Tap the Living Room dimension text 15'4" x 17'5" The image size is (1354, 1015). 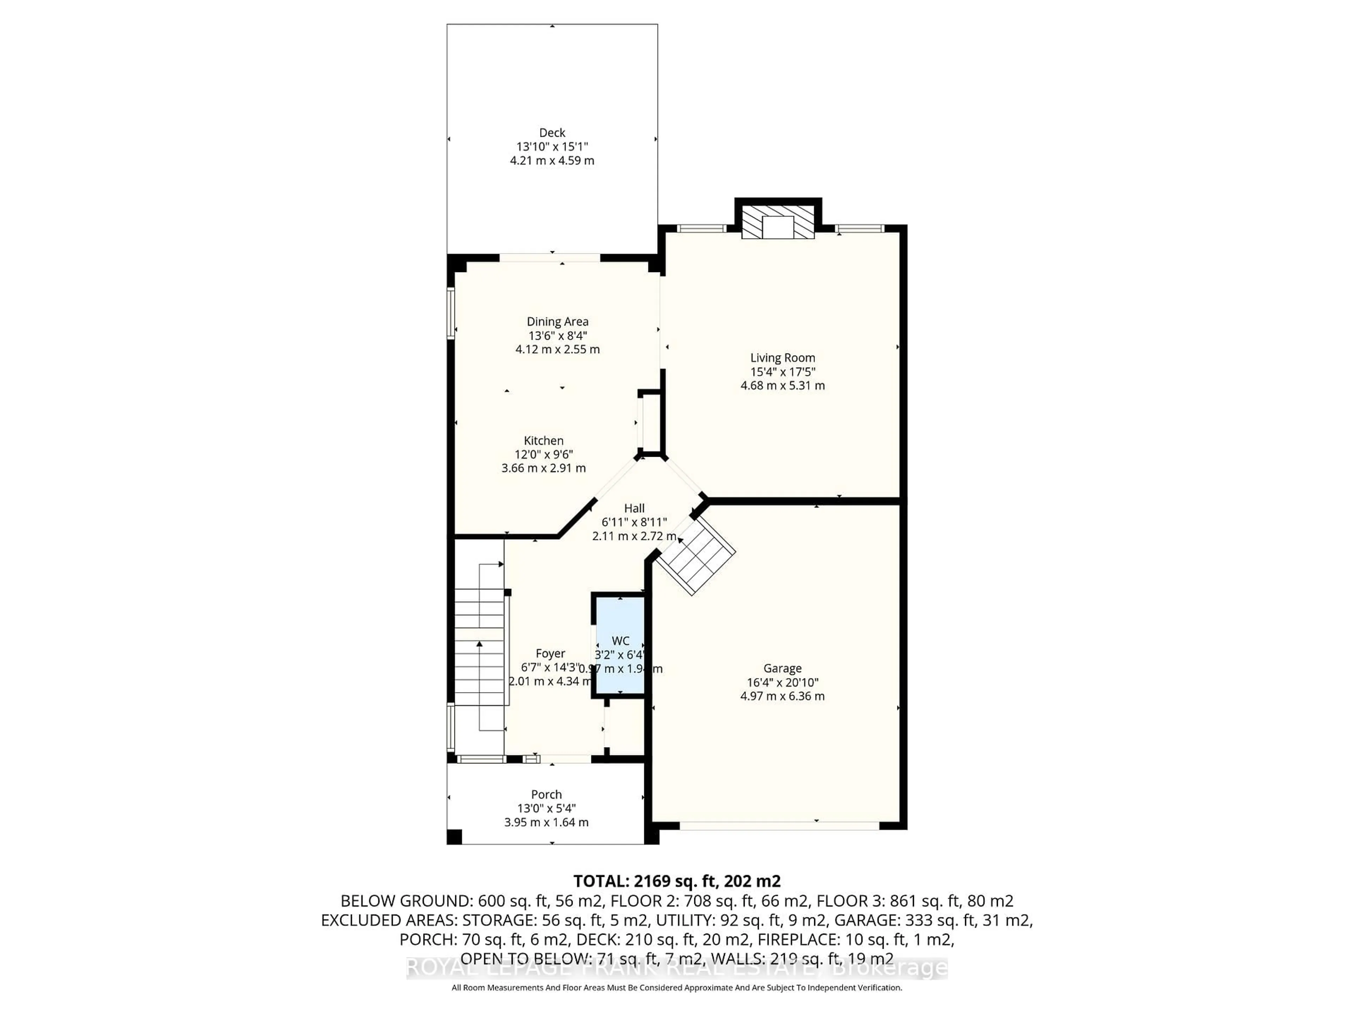pos(782,372)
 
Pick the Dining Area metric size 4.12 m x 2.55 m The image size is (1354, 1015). pos(557,349)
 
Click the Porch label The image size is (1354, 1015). pos(546,794)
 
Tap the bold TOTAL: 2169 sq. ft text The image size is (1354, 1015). pos(676,881)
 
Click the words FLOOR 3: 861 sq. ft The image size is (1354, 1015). pos(915,900)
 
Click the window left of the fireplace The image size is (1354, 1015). pos(701,229)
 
